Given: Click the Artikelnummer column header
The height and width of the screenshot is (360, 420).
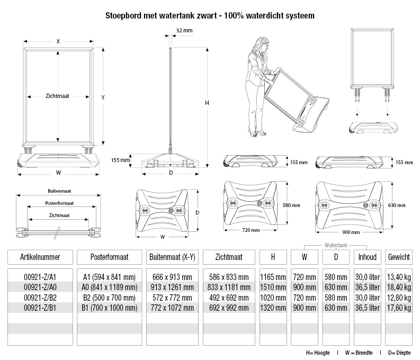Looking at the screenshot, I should click(x=40, y=257).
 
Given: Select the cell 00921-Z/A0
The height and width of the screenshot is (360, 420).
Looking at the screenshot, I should click(x=40, y=287).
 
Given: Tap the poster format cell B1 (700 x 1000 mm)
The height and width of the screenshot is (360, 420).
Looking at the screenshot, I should click(x=110, y=307).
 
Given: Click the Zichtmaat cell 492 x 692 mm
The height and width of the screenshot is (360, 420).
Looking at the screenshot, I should click(x=229, y=297).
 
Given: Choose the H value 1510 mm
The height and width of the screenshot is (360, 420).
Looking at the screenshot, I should click(x=273, y=287).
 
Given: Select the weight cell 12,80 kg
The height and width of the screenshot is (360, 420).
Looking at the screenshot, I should click(x=399, y=297).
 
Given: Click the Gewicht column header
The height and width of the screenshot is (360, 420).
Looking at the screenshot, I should click(x=399, y=257).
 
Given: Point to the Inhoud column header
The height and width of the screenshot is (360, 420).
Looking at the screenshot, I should click(x=368, y=257).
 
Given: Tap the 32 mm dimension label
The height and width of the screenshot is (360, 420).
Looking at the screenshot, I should click(x=184, y=31).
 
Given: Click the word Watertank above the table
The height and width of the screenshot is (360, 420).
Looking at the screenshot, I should click(x=336, y=245).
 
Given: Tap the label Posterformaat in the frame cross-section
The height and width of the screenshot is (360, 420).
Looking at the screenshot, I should click(x=59, y=203).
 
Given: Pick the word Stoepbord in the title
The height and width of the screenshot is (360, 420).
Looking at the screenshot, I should click(x=123, y=15).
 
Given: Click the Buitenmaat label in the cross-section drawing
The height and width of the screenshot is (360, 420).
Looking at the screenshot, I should click(x=59, y=191).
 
